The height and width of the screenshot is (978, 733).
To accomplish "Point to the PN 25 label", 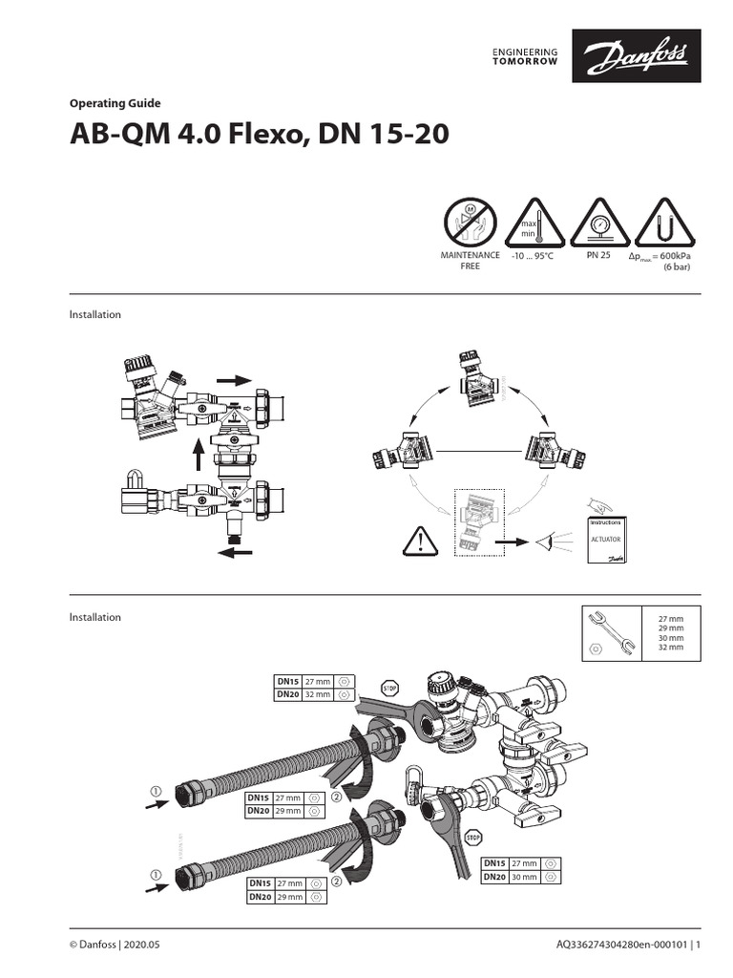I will tap(598, 256).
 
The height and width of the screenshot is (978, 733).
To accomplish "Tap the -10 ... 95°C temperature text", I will tap(533, 256).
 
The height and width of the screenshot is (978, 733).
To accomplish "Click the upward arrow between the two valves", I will tap(199, 454).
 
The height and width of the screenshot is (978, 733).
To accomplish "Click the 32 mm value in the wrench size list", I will tap(671, 648).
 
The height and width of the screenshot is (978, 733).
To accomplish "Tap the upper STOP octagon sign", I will tap(389, 688).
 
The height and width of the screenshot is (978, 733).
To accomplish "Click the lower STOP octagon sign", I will tap(474, 838).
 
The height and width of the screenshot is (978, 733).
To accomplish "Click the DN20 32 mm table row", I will tap(316, 694).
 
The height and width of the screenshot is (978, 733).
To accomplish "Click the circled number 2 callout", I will tap(336, 798).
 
